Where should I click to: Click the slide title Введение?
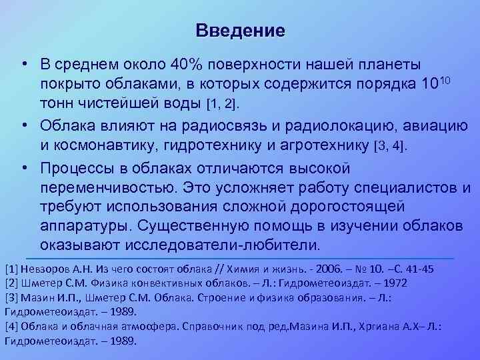(x=241, y=31)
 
